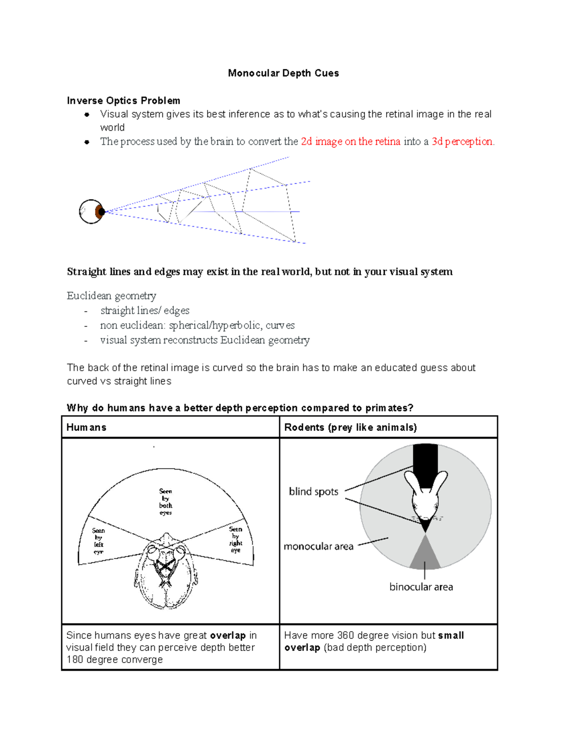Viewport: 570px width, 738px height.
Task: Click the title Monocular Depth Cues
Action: pos(283,73)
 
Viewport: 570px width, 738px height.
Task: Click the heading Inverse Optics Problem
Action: pos(123,101)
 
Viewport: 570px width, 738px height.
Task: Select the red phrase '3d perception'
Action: pos(462,142)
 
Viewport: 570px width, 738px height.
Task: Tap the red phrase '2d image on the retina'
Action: pos(351,142)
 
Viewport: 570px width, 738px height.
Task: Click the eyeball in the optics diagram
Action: pos(91,212)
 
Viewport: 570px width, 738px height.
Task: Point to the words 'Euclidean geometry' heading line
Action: pos(112,296)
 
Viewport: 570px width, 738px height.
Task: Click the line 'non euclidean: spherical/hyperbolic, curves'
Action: pos(197,326)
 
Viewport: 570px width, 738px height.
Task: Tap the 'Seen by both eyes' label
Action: pos(166,502)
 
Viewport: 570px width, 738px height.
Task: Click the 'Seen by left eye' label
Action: pos(98,541)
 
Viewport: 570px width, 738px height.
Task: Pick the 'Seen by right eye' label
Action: pos(236,539)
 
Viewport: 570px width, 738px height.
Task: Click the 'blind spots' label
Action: pos(313,492)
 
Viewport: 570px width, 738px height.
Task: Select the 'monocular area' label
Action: pos(318,546)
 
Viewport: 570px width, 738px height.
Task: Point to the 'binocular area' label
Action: pos(421,587)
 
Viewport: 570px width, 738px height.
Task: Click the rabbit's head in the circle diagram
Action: pos(426,499)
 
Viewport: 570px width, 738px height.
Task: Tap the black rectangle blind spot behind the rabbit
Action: pos(425,459)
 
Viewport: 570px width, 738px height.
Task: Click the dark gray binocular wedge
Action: pos(425,556)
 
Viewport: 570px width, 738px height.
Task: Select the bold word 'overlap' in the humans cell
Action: pos(228,636)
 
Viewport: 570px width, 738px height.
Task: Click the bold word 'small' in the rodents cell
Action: pos(451,636)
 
